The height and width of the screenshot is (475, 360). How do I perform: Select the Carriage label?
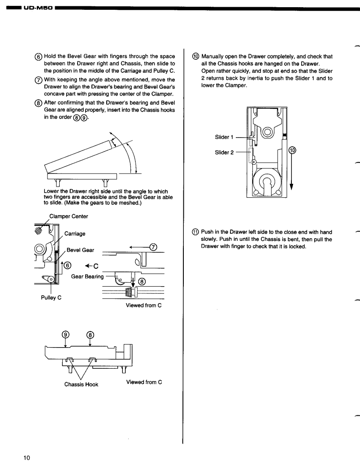[75, 233]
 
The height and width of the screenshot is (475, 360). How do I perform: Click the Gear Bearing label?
[87, 276]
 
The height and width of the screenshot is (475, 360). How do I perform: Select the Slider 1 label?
[225, 137]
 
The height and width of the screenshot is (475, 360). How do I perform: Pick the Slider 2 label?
[225, 152]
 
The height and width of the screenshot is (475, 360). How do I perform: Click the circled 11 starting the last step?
[195, 232]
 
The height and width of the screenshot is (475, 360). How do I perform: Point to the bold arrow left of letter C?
[88, 266]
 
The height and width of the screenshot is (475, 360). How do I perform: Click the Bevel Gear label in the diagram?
[81, 250]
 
